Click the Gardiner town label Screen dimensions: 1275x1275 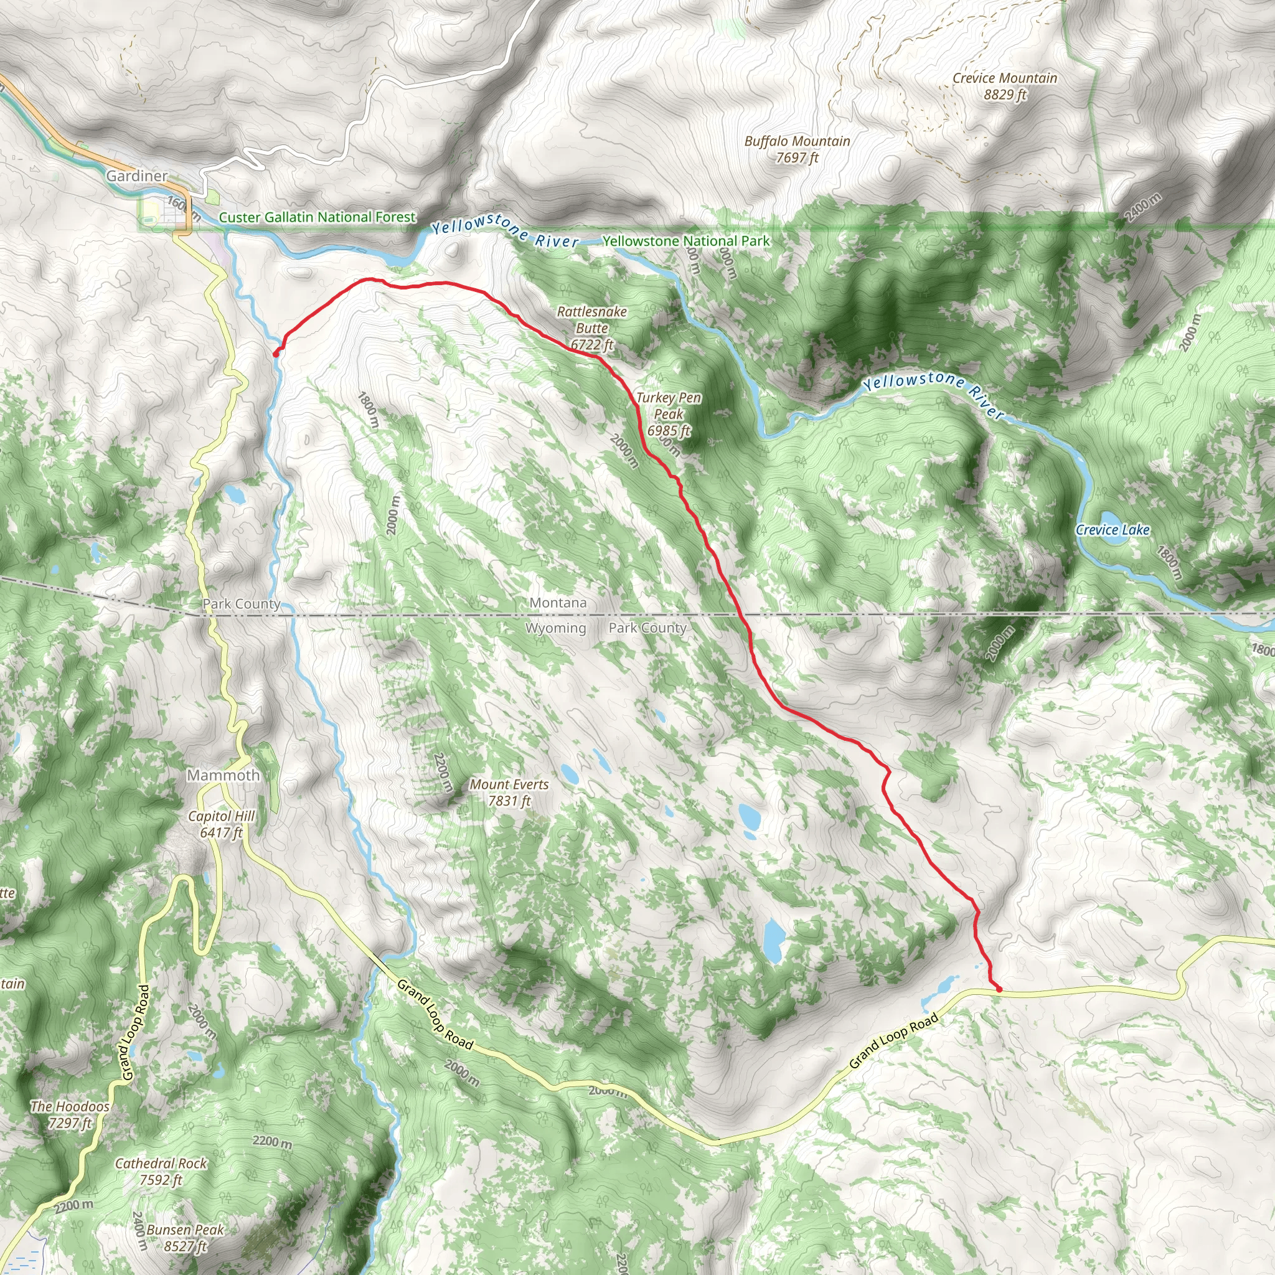[136, 176]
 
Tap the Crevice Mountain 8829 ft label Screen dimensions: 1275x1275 [1004, 87]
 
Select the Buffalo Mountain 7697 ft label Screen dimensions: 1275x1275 [797, 149]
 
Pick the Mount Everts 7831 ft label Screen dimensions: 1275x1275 [509, 793]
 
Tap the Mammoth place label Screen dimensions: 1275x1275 [223, 776]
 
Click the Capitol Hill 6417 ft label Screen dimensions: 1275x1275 [221, 824]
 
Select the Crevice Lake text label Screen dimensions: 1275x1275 [1113, 530]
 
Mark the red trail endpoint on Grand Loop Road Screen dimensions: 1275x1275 [999, 989]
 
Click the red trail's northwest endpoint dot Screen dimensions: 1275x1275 [275, 354]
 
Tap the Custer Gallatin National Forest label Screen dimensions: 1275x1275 [317, 217]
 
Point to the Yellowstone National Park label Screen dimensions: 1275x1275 [685, 242]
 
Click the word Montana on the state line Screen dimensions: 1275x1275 [558, 603]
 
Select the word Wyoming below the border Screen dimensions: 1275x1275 [556, 628]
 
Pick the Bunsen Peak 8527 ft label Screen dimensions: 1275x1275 [185, 1238]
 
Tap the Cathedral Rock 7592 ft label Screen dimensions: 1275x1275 [161, 1172]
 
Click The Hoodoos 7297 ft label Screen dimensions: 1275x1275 [70, 1114]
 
